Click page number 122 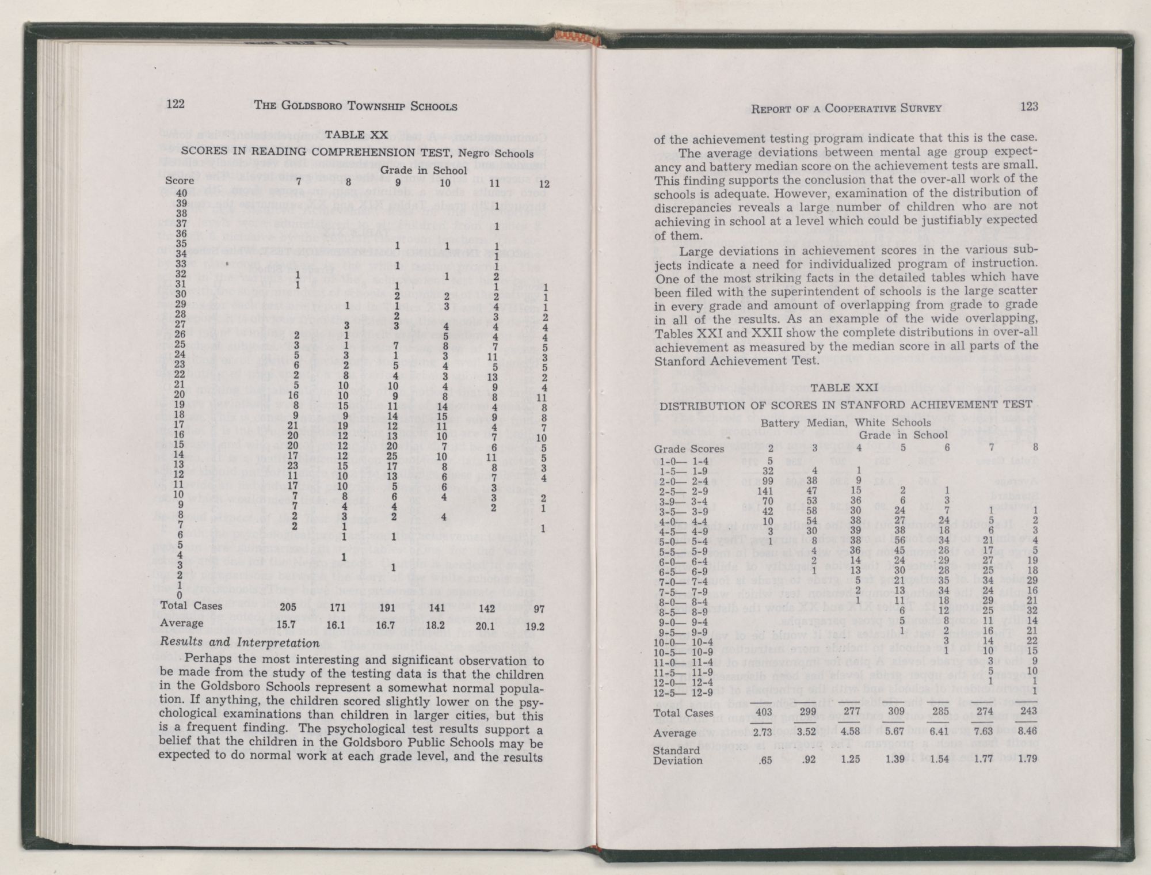175,104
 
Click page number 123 1029,106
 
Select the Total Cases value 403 764,712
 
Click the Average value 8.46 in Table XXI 1028,732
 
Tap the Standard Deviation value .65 766,760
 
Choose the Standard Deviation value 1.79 1028,759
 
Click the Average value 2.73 763,732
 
